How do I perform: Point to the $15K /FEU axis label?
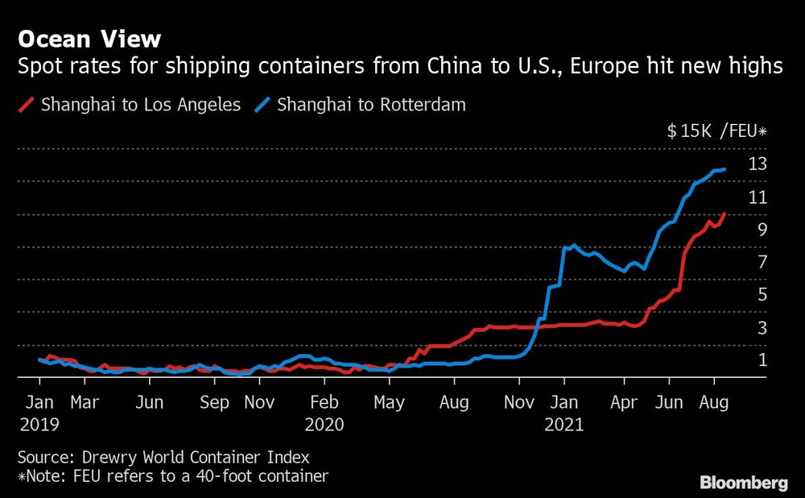[717, 132]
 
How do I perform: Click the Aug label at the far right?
[714, 401]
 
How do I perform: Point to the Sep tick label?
[214, 401]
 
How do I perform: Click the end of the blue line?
[725, 169]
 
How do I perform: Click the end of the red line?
[725, 214]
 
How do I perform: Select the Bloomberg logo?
[744, 483]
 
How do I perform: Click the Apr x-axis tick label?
[624, 401]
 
